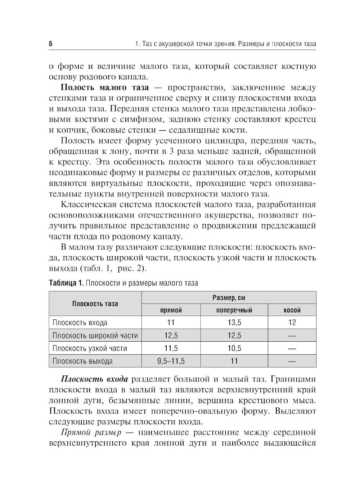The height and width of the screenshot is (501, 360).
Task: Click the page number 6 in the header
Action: [x=51, y=44]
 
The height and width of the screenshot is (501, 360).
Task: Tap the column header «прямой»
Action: [x=171, y=310]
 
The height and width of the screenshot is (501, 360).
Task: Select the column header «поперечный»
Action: [x=234, y=310]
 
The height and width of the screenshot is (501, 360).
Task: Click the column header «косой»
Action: [x=292, y=310]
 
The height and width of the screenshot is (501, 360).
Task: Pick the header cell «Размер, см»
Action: [x=229, y=298]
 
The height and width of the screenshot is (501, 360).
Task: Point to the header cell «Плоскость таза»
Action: [x=95, y=304]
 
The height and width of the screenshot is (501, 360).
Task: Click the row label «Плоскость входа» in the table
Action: [x=80, y=323]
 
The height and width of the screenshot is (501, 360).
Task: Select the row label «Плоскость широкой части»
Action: [x=95, y=336]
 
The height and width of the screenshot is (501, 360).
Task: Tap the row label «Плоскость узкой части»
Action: [x=90, y=348]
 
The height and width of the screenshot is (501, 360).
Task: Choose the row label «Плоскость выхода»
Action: [x=82, y=361]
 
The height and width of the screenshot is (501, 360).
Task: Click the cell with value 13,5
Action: [x=234, y=323]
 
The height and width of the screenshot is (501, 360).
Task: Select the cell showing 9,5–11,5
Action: [x=171, y=361]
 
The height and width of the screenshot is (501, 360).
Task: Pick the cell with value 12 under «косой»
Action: [x=292, y=323]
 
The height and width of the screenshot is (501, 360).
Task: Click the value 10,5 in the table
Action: [x=234, y=348]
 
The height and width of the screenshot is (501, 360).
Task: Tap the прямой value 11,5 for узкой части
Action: [x=171, y=348]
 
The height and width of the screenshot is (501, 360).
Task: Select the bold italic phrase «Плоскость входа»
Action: [x=94, y=379]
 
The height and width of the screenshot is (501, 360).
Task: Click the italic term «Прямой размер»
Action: [x=91, y=432]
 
